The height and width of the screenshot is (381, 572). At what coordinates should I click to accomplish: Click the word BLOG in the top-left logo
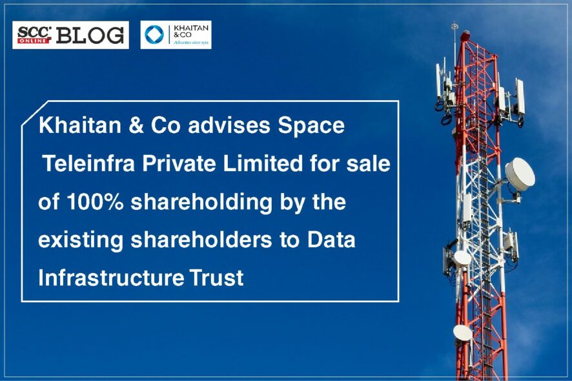(90, 36)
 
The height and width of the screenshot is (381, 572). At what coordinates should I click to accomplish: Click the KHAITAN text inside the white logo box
(191, 28)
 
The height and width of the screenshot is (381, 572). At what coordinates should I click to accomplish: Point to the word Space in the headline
(311, 126)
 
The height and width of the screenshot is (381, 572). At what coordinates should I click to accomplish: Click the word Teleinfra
(89, 163)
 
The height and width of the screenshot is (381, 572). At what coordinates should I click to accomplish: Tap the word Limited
(263, 163)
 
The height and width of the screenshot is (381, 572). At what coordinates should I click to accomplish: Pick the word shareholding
(201, 203)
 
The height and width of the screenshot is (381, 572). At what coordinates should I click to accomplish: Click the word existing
(81, 241)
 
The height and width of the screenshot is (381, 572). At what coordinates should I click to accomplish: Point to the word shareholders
(201, 240)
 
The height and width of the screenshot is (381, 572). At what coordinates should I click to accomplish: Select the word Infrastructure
(110, 278)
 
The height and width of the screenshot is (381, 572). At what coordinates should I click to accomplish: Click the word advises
(229, 125)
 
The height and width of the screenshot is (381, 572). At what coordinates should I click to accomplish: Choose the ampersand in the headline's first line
(136, 125)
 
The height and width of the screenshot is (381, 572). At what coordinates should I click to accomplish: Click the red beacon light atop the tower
(464, 36)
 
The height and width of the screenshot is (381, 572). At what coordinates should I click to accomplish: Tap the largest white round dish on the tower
(520, 174)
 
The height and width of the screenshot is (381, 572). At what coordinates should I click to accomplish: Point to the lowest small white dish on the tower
(462, 333)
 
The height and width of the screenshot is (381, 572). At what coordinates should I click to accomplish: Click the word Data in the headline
(331, 240)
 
